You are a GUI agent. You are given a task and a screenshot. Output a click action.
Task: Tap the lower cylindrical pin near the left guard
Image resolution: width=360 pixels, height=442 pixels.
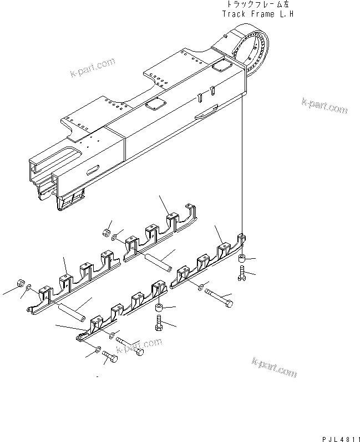[x=71, y=312]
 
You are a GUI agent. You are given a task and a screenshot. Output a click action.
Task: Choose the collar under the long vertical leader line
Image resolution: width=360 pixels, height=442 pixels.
[x=242, y=259]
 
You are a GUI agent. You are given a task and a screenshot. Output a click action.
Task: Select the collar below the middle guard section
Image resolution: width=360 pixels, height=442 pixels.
[x=160, y=308]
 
